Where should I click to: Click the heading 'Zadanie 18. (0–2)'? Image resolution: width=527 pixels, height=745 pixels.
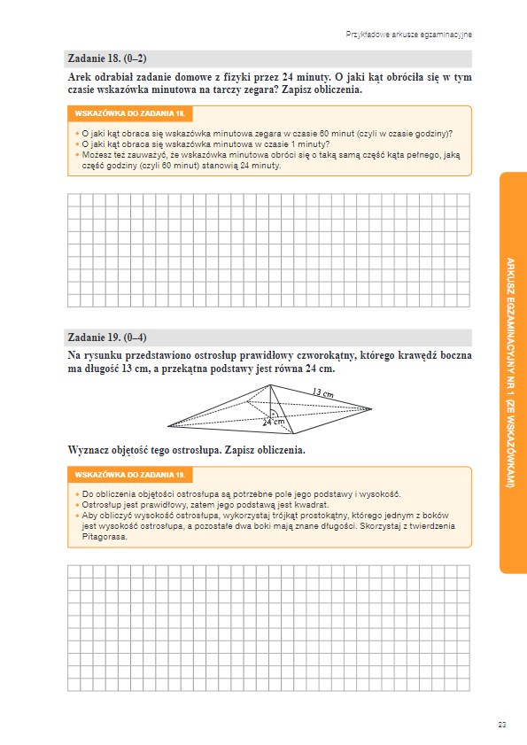(x=107, y=58)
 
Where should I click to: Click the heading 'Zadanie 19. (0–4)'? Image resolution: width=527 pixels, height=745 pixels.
(x=107, y=338)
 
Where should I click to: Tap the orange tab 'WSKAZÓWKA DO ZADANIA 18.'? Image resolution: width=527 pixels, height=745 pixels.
(x=129, y=113)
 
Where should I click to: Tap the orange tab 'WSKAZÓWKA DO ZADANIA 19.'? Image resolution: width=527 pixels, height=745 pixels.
(x=129, y=475)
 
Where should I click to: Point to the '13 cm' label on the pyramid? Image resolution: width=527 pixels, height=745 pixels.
(x=323, y=393)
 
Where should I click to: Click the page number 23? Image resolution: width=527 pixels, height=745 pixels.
(x=502, y=725)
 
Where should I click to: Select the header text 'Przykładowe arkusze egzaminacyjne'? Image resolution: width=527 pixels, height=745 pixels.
(x=408, y=35)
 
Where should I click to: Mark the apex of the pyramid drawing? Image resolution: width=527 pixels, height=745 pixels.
(x=270, y=384)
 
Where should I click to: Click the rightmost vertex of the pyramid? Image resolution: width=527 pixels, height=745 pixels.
(x=372, y=408)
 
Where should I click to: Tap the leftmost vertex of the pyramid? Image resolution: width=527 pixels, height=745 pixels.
(x=167, y=426)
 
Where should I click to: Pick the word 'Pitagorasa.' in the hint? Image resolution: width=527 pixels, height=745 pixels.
(x=105, y=537)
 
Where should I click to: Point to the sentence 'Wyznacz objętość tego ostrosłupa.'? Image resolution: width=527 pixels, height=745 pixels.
(x=145, y=450)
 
